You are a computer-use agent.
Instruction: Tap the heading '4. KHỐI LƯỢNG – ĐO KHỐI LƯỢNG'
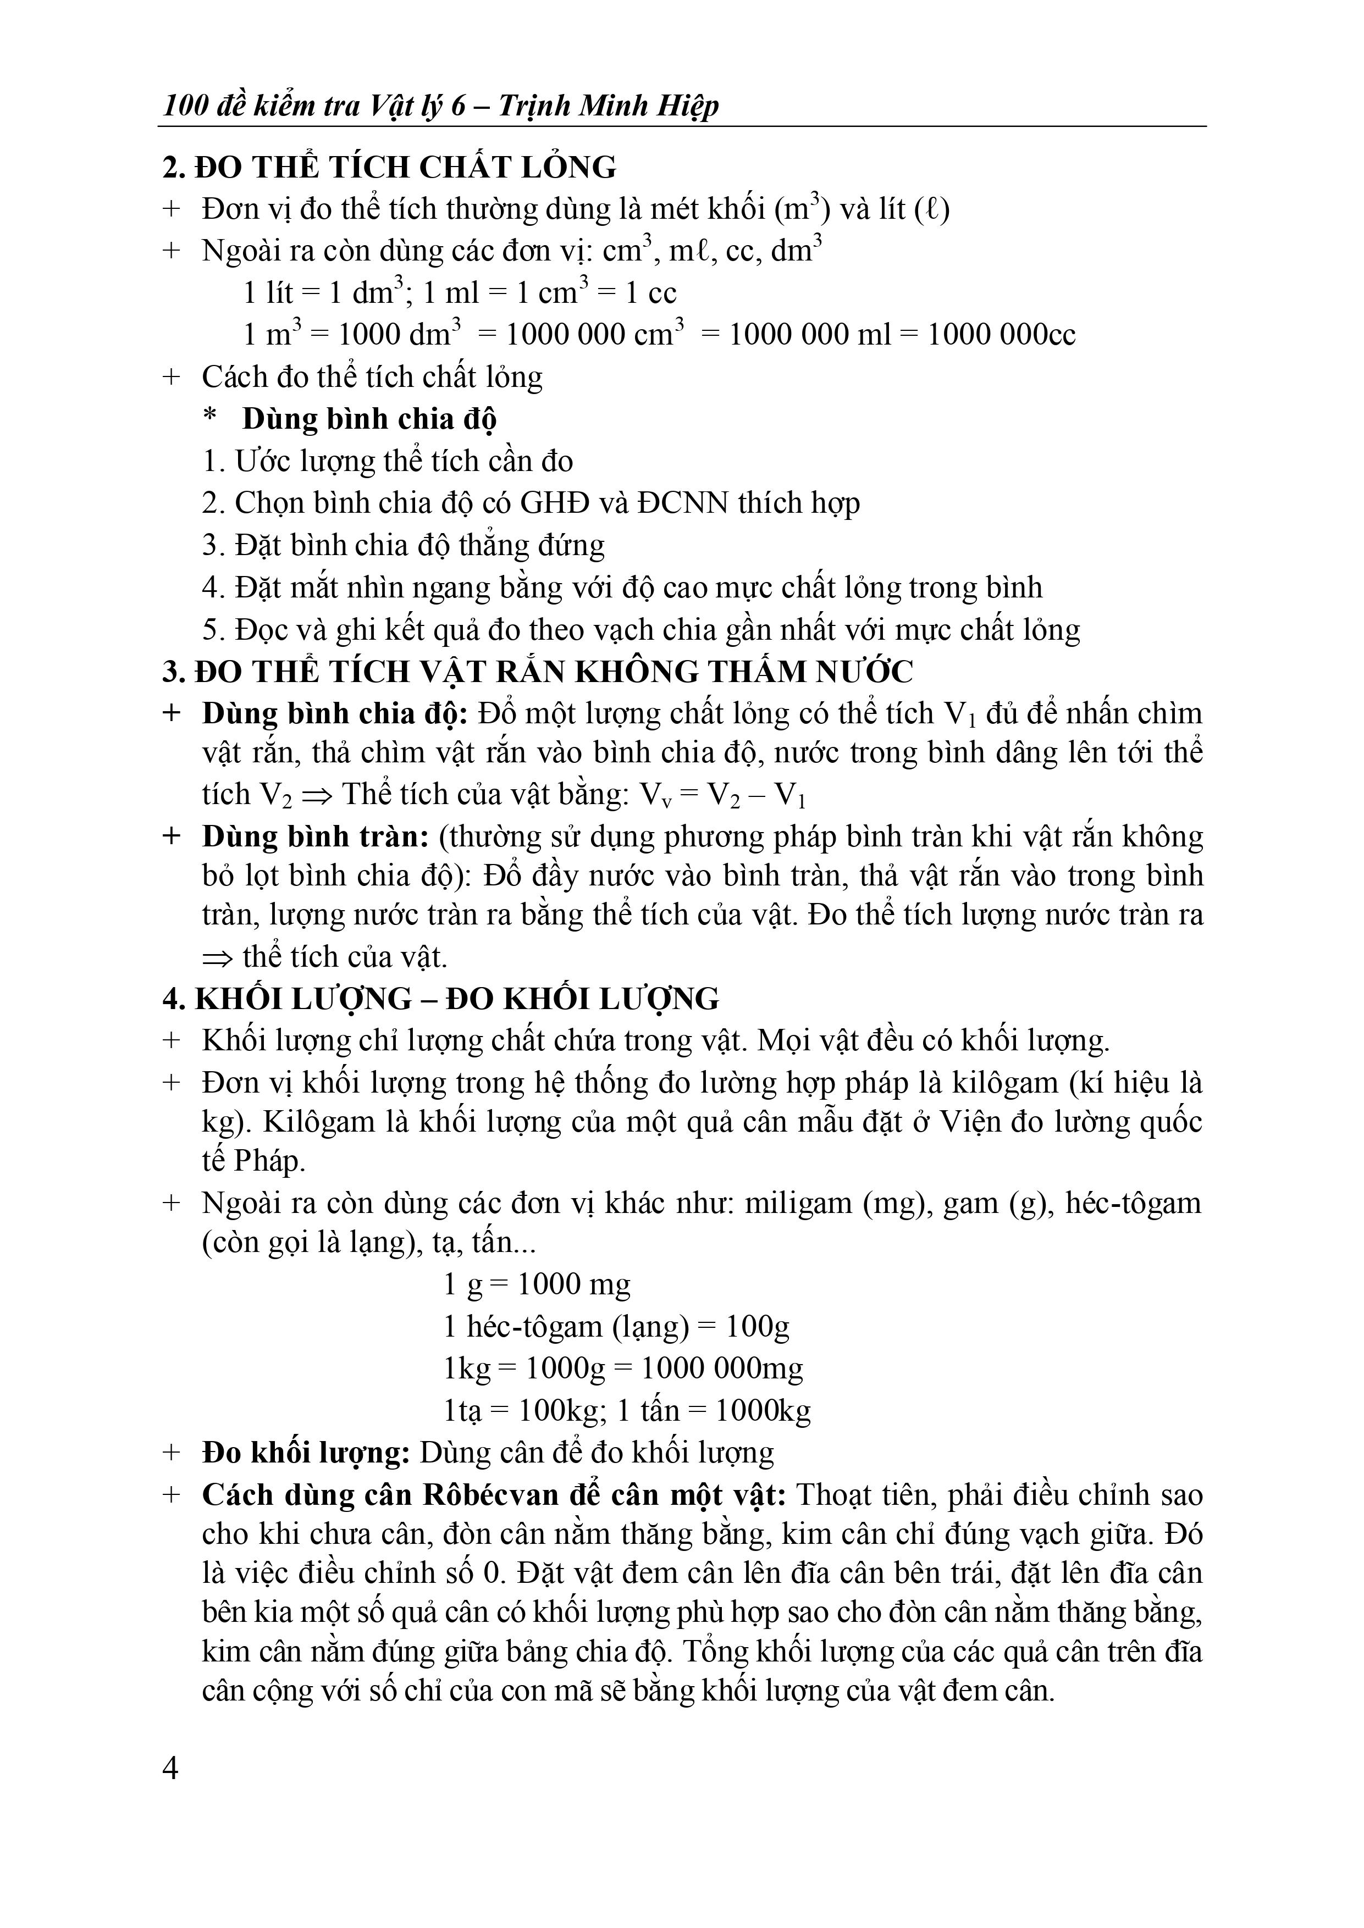point(440,999)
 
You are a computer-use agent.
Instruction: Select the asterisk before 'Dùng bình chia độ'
point(210,418)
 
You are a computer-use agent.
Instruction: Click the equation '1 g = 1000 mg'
point(537,1284)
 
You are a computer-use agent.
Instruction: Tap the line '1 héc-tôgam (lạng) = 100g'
point(616,1326)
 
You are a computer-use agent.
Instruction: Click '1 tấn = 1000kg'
point(714,1410)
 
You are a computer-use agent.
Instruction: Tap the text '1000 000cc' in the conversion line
point(1001,335)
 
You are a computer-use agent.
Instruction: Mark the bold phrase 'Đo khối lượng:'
point(306,1453)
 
